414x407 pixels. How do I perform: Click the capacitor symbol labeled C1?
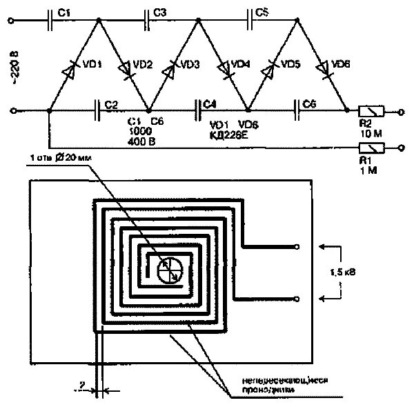[51, 21]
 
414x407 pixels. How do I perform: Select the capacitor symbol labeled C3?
[148, 21]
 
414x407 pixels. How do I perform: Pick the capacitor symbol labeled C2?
[97, 110]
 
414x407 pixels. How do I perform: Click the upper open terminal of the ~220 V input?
[11, 21]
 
